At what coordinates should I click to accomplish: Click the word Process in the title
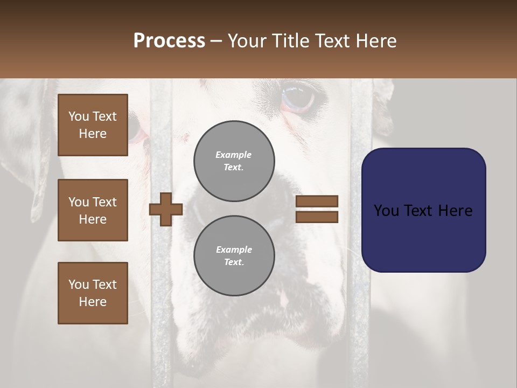[x=169, y=41]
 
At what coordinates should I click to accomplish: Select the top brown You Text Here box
[x=93, y=125]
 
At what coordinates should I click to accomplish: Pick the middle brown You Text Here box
[x=93, y=210]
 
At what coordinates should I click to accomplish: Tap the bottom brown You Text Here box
[x=93, y=293]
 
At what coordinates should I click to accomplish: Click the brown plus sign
[x=166, y=209]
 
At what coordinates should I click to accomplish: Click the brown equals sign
[x=317, y=209]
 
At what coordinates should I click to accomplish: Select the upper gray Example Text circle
[x=234, y=161]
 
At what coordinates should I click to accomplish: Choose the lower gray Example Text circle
[x=234, y=255]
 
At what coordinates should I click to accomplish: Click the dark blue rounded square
[x=423, y=210]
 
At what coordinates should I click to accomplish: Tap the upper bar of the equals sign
[x=317, y=202]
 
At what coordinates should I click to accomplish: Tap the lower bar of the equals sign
[x=317, y=217]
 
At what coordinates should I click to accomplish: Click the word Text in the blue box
[x=423, y=211]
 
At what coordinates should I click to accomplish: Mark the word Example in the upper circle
[x=234, y=155]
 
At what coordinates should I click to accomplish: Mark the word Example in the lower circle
[x=234, y=250]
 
